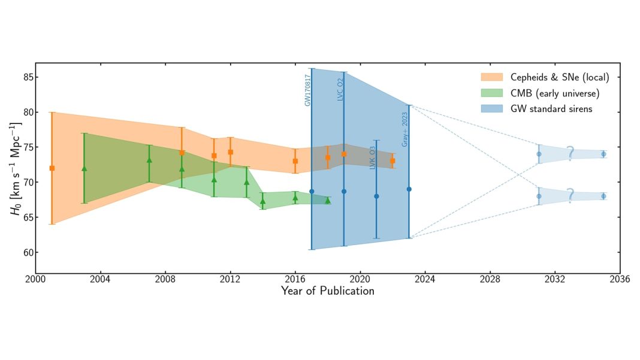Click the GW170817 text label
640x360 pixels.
tap(307, 90)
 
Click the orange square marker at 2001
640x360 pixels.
tap(52, 168)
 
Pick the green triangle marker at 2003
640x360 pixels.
tap(84, 169)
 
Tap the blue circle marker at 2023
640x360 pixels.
tap(409, 189)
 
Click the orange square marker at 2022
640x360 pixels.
tap(393, 161)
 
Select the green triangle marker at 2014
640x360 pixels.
tap(262, 201)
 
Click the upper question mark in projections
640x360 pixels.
tap(570, 154)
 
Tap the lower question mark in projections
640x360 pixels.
tap(570, 196)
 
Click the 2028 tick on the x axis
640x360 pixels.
tap(490, 279)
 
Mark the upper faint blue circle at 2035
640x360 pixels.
tap(603, 154)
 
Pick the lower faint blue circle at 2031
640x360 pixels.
tap(539, 196)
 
